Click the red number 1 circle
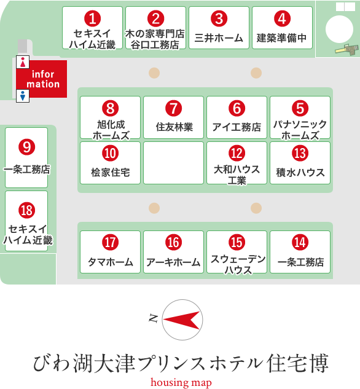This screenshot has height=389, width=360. tap(92, 18)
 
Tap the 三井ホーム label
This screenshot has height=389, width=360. tap(219, 38)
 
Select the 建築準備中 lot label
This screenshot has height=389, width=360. tap(281, 38)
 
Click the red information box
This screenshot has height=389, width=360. tap(42, 79)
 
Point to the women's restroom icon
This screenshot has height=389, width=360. tap(23, 62)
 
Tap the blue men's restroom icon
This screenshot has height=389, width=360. tap(23, 96)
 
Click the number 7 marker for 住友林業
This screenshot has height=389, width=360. tap(174, 108)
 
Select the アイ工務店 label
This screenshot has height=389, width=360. tap(237, 127)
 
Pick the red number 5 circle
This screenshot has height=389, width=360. tap(300, 108)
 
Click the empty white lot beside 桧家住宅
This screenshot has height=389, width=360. tap(174, 163)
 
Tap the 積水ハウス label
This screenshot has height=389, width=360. tap(300, 173)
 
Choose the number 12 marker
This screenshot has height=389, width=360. tap(237, 153)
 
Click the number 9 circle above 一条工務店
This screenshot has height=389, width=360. tap(26, 147)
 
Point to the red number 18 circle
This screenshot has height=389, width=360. tap(26, 210)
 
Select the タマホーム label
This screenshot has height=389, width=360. tap(111, 262)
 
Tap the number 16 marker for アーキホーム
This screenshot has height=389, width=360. tap(174, 242)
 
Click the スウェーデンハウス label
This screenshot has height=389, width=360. tap(238, 264)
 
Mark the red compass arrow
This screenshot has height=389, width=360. tap(182, 320)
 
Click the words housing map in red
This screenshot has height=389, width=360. tap(181, 383)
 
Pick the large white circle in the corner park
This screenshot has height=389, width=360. tap(339, 29)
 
